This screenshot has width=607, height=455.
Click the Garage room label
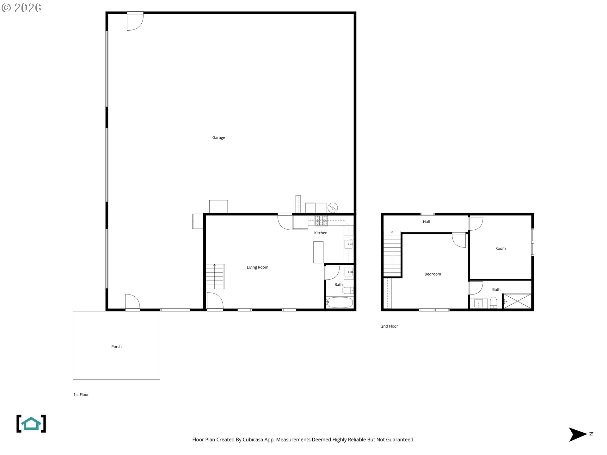click(x=218, y=138)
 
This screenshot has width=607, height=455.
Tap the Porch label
click(x=116, y=347)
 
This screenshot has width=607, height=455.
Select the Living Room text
click(x=257, y=267)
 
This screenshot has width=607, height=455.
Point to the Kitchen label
click(x=321, y=233)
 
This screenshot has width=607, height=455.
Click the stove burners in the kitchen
click(x=321, y=221)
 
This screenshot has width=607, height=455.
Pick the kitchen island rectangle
click(x=318, y=252)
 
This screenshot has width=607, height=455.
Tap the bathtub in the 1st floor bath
click(x=339, y=302)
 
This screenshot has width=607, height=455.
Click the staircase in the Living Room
click(x=215, y=276)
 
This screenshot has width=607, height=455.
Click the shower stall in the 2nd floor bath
click(x=517, y=301)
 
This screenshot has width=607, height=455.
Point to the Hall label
click(x=426, y=222)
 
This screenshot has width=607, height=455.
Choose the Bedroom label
click(x=432, y=274)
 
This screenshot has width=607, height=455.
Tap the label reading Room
click(x=500, y=249)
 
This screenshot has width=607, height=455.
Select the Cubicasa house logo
click(x=31, y=424)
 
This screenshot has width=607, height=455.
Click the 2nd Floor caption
click(x=389, y=326)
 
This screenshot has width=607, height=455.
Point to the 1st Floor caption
click(x=81, y=395)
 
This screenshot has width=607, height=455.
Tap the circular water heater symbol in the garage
click(x=333, y=208)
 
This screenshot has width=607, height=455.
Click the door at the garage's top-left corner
click(x=135, y=21)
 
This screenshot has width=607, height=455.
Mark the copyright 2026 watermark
click(x=21, y=8)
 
